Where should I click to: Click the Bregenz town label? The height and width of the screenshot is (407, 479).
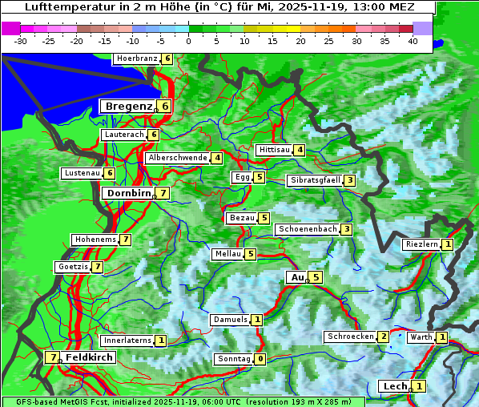tap(128, 106)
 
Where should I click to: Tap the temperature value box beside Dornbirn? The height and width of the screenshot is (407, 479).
tap(163, 193)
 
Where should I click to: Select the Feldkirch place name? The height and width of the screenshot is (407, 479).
tap(89, 357)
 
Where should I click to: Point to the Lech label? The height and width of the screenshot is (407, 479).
tap(395, 386)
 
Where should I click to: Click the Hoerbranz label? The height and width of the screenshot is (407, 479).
tap(136, 58)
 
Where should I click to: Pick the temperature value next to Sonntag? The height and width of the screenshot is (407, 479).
tap(260, 359)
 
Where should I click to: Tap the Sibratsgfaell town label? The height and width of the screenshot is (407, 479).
tap(315, 180)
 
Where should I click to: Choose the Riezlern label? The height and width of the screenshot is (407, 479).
tap(421, 244)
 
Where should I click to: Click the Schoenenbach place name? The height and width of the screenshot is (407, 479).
tap(307, 229)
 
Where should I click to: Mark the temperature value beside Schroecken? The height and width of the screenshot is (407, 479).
tap(384, 336)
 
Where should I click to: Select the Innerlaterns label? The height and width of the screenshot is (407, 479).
tap(127, 341)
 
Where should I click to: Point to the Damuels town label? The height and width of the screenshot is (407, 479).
tap(230, 320)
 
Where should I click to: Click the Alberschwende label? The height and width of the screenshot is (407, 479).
tap(178, 158)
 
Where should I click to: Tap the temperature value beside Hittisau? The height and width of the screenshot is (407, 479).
tap(300, 150)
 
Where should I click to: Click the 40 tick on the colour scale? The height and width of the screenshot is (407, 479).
tap(413, 41)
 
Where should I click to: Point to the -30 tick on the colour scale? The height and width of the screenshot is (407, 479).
tap(21, 41)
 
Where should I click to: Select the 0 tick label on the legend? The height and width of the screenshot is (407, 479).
tap(189, 41)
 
